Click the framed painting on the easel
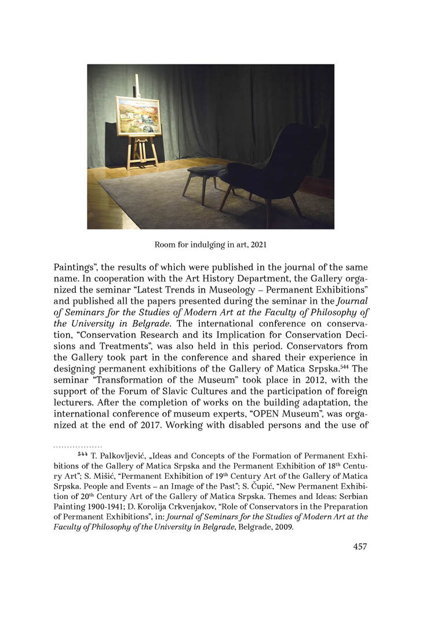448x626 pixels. pyautogui.click(x=138, y=116)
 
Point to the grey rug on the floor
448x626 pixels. pyautogui.click(x=174, y=203)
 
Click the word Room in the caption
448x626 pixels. pyautogui.click(x=165, y=245)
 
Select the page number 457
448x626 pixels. pyautogui.click(x=360, y=546)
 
